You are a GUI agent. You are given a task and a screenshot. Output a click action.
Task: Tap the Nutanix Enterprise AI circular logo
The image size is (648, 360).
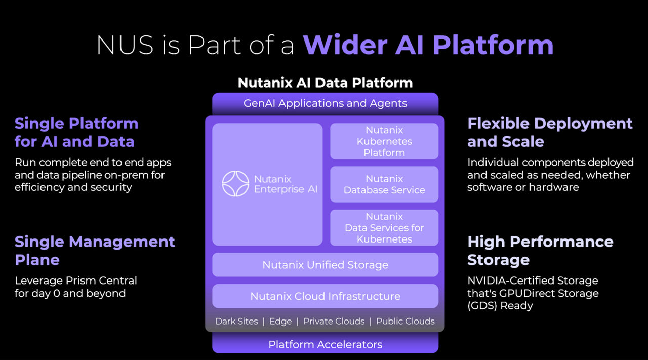(235, 184)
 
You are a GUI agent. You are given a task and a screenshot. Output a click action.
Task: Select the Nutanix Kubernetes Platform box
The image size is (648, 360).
(384, 141)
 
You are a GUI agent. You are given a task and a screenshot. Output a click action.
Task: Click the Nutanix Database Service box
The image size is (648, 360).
(384, 184)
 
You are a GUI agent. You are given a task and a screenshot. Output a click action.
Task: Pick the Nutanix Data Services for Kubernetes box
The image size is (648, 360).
(384, 228)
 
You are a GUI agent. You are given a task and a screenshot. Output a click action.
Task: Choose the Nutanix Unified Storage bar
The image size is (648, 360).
(325, 265)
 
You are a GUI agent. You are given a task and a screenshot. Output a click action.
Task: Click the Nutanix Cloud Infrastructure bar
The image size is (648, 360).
(325, 296)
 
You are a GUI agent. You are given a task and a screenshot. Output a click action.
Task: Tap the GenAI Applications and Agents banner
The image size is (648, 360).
(325, 103)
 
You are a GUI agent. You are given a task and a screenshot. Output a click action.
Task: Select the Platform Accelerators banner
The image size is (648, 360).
(325, 345)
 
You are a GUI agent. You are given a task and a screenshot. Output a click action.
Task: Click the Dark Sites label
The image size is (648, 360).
(236, 322)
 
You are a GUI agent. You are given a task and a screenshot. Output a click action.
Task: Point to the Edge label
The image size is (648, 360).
(280, 322)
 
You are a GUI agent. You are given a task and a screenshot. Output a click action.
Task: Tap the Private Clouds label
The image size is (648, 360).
(334, 322)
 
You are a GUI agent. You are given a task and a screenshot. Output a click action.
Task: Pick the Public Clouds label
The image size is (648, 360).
(405, 322)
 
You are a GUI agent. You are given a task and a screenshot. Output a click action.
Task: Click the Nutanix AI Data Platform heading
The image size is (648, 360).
(325, 83)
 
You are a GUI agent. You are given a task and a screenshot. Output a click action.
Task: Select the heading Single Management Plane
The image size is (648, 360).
(95, 251)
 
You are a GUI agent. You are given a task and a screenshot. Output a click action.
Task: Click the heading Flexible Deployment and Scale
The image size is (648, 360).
(550, 132)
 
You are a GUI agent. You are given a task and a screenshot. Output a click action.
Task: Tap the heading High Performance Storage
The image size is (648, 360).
(540, 251)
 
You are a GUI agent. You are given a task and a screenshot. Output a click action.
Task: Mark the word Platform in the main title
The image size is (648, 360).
(493, 45)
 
